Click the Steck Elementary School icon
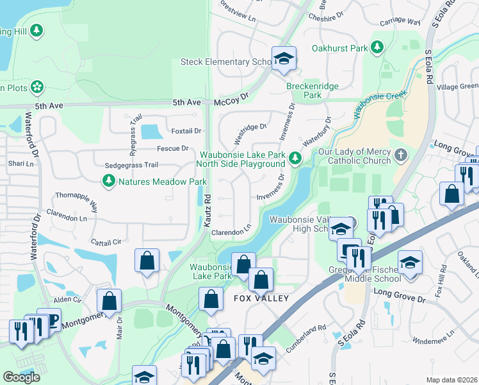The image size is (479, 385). click(282, 60)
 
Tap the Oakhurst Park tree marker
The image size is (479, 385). click(378, 48)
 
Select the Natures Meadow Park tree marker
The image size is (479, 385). click(108, 182)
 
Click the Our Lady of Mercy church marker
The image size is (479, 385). click(400, 155)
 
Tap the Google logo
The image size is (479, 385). click(21, 377)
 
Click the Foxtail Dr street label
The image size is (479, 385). click(186, 131)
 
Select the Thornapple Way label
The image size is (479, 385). click(76, 200)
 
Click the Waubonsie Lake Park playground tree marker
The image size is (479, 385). click(295, 158)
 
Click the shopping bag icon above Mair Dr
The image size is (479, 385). click(110, 301)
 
